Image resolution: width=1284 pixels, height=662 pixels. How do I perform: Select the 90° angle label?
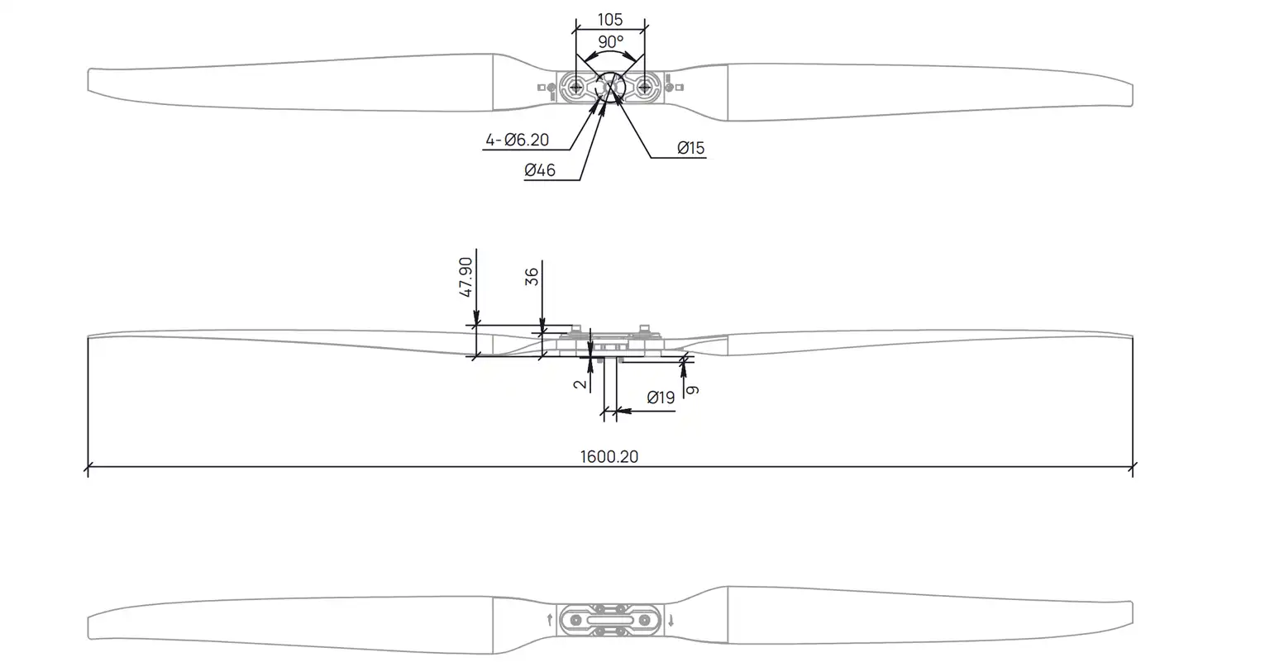(610, 41)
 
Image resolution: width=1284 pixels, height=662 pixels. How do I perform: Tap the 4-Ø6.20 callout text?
(517, 140)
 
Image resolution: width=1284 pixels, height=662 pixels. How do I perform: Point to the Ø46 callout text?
(539, 170)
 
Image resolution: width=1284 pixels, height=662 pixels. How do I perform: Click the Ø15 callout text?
(690, 148)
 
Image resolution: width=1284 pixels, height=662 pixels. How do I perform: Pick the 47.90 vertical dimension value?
(466, 278)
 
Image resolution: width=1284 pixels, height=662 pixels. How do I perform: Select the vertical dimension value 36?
(532, 276)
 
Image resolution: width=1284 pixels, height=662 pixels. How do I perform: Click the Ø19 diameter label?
(661, 398)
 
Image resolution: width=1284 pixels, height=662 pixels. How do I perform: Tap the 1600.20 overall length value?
(609, 456)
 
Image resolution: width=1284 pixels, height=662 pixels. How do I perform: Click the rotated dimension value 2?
(581, 383)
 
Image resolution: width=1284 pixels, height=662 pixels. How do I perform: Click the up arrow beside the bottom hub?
(550, 620)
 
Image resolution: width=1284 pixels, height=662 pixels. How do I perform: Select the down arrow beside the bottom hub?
(671, 620)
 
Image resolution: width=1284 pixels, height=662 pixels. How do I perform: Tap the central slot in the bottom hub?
(610, 620)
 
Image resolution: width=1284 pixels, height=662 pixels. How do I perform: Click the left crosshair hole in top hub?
(575, 86)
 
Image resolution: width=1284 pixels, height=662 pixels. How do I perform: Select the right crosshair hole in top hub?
(646, 86)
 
